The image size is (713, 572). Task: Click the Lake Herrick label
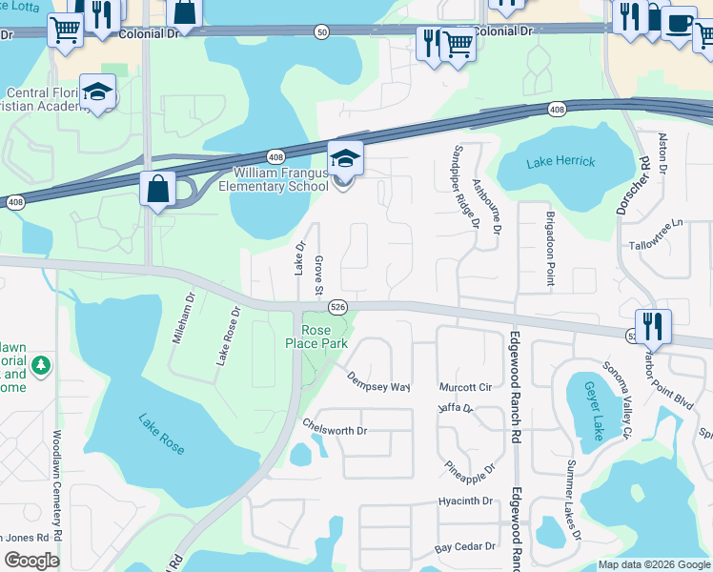(561, 161)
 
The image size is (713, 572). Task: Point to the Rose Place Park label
(316, 336)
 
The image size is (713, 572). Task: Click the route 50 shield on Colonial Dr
(322, 32)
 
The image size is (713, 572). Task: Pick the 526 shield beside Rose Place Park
(337, 306)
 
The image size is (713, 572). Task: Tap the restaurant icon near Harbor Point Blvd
(653, 326)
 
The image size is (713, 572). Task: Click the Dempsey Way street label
(377, 381)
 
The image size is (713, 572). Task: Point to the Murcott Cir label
(465, 388)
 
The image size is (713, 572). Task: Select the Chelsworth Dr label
(335, 430)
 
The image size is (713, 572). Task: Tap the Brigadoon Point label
(550, 247)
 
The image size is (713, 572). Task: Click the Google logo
(31, 561)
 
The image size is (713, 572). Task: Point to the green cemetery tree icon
(40, 364)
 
